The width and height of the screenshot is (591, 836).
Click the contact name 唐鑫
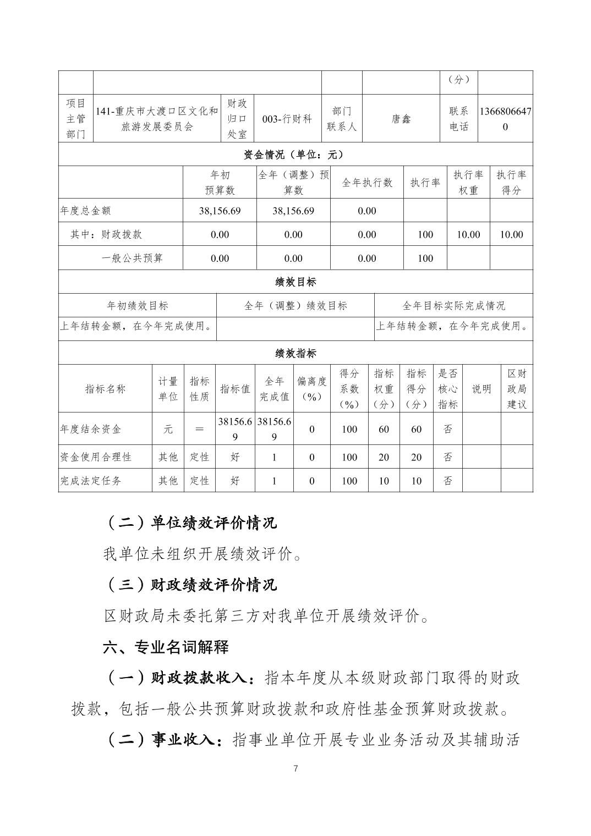(401, 119)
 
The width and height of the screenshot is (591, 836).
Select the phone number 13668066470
(505, 119)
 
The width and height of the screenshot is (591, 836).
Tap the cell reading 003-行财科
(287, 119)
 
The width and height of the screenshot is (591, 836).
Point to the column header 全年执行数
(367, 183)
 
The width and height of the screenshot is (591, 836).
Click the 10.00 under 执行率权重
(468, 234)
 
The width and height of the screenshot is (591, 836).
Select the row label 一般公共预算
(132, 258)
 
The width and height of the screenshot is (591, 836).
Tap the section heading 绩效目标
(295, 282)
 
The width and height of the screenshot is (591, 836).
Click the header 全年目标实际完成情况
(453, 306)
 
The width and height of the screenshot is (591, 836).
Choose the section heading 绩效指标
(295, 353)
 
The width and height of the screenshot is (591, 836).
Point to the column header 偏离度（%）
(312, 389)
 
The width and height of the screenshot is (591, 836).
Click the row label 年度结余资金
(90, 429)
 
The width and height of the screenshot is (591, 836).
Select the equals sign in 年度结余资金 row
(199, 429)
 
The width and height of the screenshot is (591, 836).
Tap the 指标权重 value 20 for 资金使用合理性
(384, 457)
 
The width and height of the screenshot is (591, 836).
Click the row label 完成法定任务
(90, 481)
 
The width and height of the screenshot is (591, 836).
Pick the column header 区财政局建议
(517, 389)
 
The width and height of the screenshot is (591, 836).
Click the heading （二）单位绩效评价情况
(190, 522)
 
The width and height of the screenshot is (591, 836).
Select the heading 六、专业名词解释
(166, 647)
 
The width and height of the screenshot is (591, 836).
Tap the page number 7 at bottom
(295, 768)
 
